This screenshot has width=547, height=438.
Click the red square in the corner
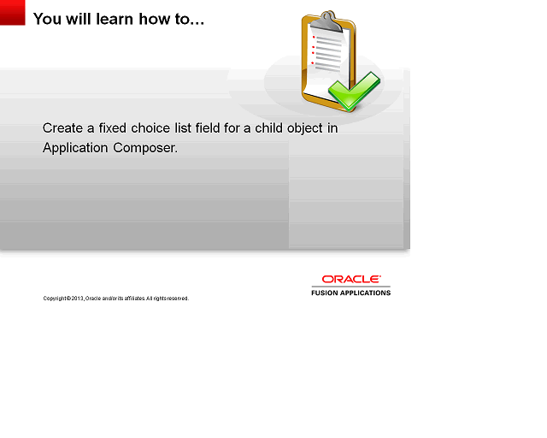12,12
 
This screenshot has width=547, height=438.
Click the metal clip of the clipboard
323,21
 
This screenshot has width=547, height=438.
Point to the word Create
62,128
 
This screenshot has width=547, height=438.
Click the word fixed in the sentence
110,128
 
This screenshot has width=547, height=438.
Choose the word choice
150,128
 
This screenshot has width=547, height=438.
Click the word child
271,128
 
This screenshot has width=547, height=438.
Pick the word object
310,128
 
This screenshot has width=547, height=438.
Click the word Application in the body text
76,148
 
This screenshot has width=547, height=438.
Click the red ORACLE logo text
350,279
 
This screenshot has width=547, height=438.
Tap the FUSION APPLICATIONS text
350,293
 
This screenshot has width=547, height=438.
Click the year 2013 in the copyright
78,299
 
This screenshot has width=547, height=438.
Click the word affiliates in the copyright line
123,299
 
